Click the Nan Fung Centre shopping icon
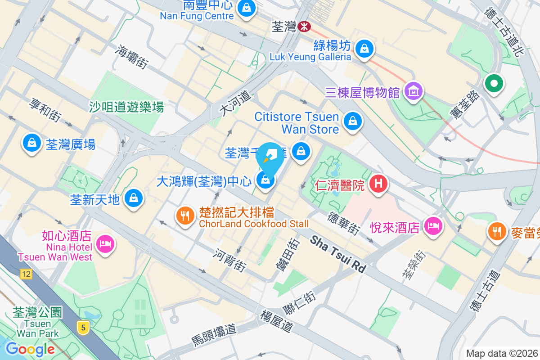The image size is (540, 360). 247,8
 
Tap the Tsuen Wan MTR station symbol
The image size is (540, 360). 304,27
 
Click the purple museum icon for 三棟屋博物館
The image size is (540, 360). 414,91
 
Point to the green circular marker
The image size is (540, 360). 494,84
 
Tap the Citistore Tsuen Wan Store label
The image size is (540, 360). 297,123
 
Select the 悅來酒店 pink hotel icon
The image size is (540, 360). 433,226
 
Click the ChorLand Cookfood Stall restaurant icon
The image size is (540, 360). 184,216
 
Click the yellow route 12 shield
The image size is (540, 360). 26,273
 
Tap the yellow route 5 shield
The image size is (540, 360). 82,327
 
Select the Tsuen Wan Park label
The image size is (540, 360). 38,323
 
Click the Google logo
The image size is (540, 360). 31,349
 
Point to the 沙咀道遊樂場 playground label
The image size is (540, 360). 126,107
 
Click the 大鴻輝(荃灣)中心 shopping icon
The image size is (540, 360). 265,180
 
